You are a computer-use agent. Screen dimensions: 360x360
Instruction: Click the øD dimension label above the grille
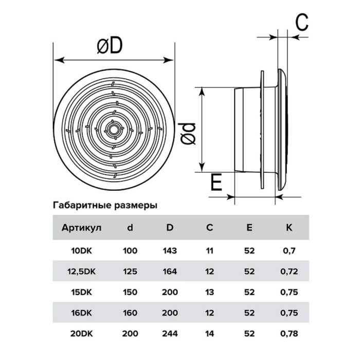click(110, 46)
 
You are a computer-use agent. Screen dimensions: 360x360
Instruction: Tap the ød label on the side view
click(187, 134)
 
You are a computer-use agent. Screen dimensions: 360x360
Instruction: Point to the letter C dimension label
click(302, 22)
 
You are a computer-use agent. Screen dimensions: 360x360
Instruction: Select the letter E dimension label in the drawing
click(217, 182)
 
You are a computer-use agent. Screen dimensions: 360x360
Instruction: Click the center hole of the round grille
click(113, 130)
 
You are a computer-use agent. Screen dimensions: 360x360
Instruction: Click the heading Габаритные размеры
click(105, 205)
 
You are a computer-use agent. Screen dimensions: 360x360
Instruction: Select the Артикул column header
click(81, 228)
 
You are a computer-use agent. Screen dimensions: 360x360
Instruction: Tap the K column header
click(289, 227)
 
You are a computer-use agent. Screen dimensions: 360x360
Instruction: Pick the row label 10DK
click(81, 251)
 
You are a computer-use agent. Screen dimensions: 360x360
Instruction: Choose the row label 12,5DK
click(81, 272)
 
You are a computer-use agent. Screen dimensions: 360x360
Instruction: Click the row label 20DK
click(81, 333)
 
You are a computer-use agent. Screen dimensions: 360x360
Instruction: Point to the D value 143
click(170, 251)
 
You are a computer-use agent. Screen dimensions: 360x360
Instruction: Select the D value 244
click(170, 333)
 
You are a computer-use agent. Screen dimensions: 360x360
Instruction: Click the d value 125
click(130, 272)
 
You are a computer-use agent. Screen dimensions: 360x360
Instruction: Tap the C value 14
click(209, 333)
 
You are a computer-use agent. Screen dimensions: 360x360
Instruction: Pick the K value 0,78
click(289, 334)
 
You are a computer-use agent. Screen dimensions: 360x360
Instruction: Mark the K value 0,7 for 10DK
click(289, 251)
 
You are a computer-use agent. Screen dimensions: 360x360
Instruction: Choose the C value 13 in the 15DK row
click(209, 292)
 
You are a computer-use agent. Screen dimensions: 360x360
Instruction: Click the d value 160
click(130, 313)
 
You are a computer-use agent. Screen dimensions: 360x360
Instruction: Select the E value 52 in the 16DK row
click(249, 313)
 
